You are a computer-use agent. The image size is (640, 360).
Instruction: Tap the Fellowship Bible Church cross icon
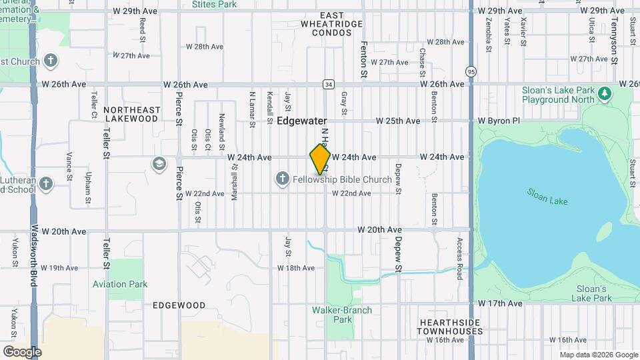[282, 179]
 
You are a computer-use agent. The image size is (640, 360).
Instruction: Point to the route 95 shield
[471, 71]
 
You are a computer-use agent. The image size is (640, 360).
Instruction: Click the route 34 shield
[328, 85]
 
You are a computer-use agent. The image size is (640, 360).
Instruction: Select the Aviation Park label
[120, 284]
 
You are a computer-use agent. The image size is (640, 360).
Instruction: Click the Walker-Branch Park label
[342, 315]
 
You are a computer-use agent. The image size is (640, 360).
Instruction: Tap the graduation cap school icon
[159, 163]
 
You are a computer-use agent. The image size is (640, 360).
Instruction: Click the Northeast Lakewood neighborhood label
[131, 114]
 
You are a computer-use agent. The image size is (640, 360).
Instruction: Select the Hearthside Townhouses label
[450, 327]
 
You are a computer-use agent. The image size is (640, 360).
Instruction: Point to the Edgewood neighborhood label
[179, 305]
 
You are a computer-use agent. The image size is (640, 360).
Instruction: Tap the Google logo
[22, 351]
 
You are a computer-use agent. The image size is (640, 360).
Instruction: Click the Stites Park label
[214, 5]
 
